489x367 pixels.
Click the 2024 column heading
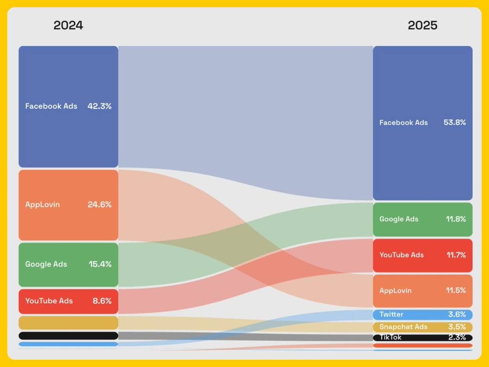pos(68,25)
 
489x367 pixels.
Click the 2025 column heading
pos(422,25)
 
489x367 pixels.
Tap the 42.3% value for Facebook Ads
pos(99,106)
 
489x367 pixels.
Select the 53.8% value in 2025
pos(454,122)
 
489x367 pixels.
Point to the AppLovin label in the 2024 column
pos(42,204)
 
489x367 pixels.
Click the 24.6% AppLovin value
pos(99,204)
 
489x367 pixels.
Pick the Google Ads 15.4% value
pos(100,264)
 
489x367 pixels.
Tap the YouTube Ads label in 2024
pos(49,301)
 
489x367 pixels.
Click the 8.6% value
pos(102,301)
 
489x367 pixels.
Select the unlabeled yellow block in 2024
pos(68,323)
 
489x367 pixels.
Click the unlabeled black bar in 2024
pos(68,336)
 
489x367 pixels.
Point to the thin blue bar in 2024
pos(68,344)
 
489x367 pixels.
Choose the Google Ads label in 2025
pos(399,219)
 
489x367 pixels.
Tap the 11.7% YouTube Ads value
pos(456,255)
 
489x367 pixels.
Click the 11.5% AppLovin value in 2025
pos(456,291)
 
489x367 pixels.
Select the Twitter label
pos(391,315)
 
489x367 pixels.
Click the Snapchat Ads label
pos(403,327)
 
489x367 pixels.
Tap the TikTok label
pos(390,337)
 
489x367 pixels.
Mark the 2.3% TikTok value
pos(457,337)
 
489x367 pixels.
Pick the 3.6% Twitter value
pos(457,315)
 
